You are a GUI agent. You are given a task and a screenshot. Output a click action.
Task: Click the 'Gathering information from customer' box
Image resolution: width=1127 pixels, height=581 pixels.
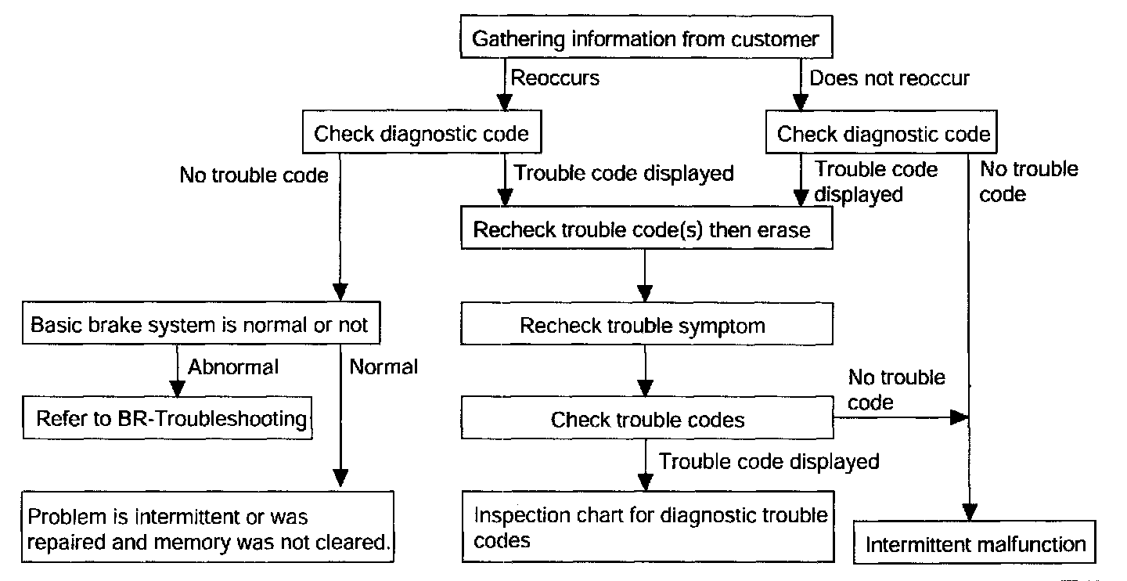[646, 37]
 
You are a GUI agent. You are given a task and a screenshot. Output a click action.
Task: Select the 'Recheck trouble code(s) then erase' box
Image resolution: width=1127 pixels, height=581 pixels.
[646, 228]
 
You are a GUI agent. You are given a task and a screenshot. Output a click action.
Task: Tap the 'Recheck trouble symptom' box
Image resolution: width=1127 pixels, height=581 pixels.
[646, 323]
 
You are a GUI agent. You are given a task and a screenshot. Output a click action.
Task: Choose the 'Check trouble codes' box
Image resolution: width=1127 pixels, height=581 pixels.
[647, 417]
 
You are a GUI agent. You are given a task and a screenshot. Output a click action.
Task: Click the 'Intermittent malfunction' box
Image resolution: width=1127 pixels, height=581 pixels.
[974, 542]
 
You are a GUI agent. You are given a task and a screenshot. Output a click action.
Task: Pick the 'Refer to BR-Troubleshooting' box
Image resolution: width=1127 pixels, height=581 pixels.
[167, 418]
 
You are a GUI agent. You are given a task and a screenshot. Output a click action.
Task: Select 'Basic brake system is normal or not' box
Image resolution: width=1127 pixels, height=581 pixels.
[201, 323]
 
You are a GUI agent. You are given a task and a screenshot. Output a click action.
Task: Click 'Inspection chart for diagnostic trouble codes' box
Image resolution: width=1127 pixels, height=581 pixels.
[648, 527]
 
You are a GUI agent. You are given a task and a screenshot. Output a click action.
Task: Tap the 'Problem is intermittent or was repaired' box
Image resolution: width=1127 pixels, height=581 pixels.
[207, 527]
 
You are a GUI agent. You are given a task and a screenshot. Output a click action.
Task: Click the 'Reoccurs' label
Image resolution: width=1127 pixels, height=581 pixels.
[555, 78]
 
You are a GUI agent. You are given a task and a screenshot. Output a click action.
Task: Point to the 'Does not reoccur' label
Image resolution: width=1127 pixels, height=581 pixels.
[889, 78]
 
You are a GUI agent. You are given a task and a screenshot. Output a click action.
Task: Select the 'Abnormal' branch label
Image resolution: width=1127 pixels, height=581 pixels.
[233, 367]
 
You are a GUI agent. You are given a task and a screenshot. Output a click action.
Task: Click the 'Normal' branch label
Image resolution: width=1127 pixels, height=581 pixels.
[383, 367]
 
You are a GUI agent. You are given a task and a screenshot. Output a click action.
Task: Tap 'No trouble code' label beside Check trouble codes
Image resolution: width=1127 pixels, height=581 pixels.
[896, 390]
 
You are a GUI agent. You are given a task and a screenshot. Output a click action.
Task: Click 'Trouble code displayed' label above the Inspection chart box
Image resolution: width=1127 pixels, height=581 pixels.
[769, 462]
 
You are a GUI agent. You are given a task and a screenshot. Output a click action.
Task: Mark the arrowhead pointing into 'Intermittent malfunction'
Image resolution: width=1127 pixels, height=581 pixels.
[970, 512]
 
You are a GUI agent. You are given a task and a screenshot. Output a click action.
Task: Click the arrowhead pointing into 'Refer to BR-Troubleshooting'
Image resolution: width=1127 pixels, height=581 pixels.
[177, 388]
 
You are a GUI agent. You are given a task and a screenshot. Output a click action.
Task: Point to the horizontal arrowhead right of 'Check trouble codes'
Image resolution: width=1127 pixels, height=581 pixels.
[959, 417]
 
